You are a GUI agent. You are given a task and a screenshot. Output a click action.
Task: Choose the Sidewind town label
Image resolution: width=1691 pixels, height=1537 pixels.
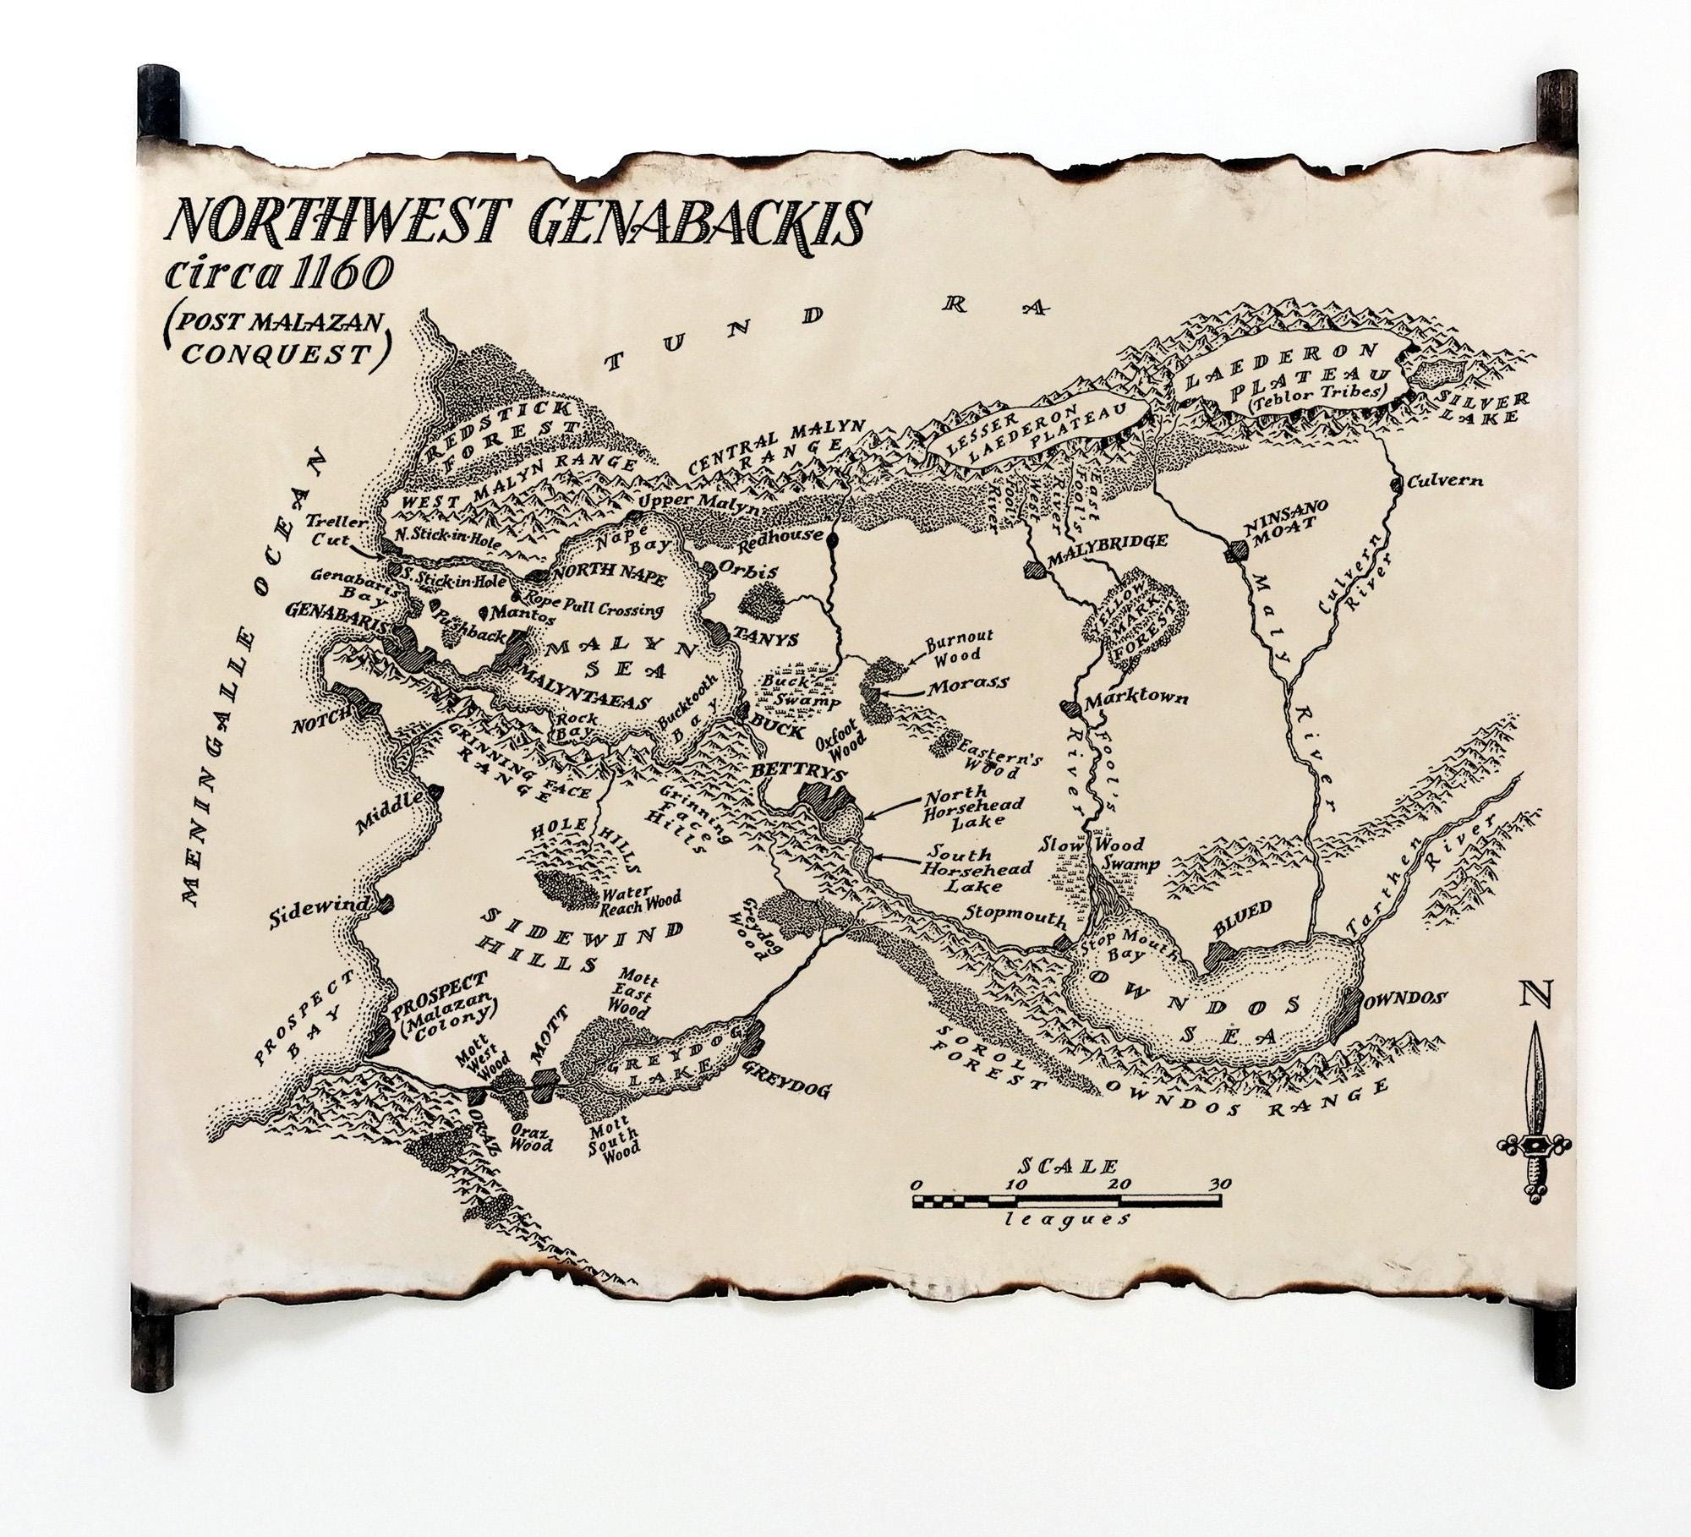tap(320, 904)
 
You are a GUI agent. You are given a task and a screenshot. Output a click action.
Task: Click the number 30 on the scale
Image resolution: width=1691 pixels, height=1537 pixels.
tap(1220, 1184)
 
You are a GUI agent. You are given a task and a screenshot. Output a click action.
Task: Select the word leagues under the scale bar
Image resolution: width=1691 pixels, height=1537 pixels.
tap(1067, 1220)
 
